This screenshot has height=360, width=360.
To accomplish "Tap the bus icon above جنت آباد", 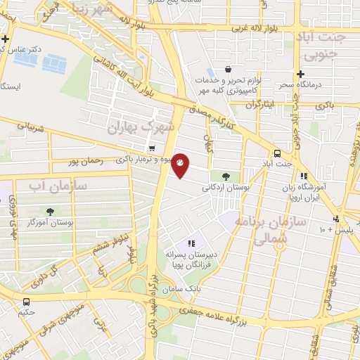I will pos(277,153).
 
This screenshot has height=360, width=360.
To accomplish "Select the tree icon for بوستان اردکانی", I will pos(225,176).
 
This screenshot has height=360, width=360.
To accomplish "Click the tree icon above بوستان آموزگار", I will pos(50,212).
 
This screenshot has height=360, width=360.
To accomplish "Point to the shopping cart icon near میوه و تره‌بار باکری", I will pos(152,148).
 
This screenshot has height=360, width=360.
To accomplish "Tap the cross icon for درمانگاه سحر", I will pos(300,74).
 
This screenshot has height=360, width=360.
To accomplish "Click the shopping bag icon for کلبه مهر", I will pos(228,70).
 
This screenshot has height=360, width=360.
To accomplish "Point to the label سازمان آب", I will pos(58,186).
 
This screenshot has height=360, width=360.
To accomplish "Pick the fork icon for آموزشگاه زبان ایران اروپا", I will pos(304,176).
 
